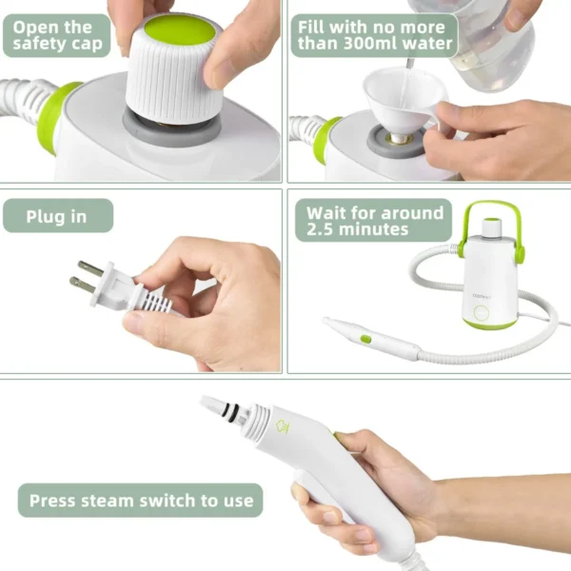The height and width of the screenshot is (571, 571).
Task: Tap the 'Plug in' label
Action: [57, 216]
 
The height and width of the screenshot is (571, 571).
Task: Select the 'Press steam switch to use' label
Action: [141, 500]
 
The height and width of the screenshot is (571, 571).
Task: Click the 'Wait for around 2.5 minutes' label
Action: [375, 222]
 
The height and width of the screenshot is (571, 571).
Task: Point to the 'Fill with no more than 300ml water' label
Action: [375, 35]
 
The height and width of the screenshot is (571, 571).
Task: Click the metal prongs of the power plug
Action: [86, 276]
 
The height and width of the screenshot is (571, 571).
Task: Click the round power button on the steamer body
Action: [482, 312]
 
